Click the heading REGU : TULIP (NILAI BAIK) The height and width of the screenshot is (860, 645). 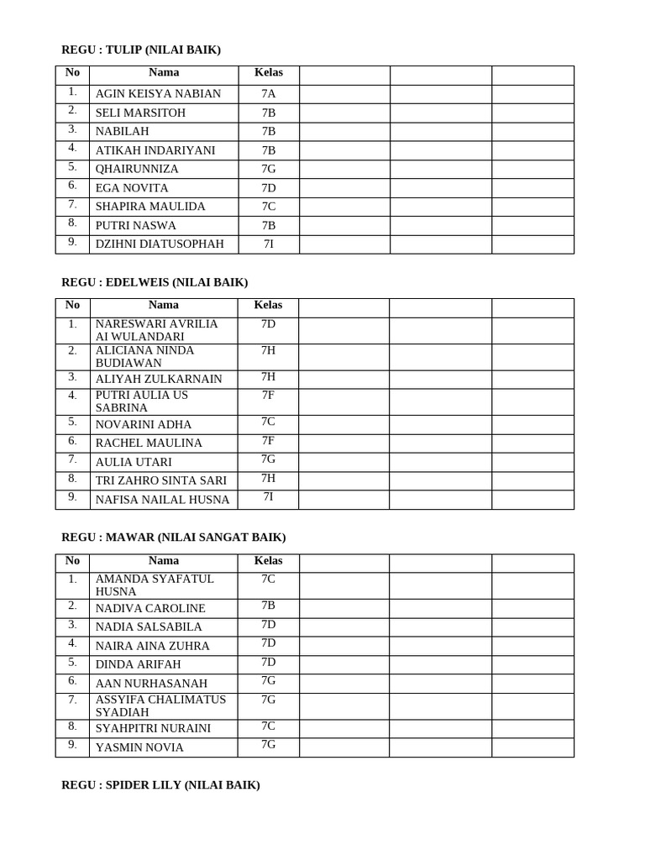(141, 50)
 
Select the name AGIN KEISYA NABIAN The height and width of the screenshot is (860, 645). (158, 94)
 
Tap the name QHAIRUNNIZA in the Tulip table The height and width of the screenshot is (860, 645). (137, 169)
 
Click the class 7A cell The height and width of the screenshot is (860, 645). (268, 94)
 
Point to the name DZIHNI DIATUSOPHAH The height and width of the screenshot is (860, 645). (160, 244)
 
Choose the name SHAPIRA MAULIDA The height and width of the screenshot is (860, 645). (150, 207)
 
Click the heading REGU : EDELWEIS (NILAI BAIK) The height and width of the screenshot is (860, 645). (155, 282)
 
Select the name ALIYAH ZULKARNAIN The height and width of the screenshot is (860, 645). (159, 379)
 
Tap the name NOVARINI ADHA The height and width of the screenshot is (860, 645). (144, 425)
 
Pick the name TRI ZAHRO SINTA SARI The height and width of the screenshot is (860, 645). (161, 480)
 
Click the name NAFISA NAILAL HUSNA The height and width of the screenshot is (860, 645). (162, 500)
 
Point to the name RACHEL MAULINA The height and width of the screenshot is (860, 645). (149, 443)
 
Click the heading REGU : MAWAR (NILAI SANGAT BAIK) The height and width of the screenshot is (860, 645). (174, 537)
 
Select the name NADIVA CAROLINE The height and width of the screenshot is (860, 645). (150, 608)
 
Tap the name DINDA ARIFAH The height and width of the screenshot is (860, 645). (138, 664)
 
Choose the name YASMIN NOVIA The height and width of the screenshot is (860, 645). (139, 747)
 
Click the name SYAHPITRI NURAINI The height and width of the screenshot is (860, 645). (153, 728)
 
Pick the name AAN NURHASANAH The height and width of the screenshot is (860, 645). (151, 684)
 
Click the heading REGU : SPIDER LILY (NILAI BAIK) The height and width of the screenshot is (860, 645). (160, 785)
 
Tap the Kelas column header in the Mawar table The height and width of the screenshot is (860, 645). (268, 561)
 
